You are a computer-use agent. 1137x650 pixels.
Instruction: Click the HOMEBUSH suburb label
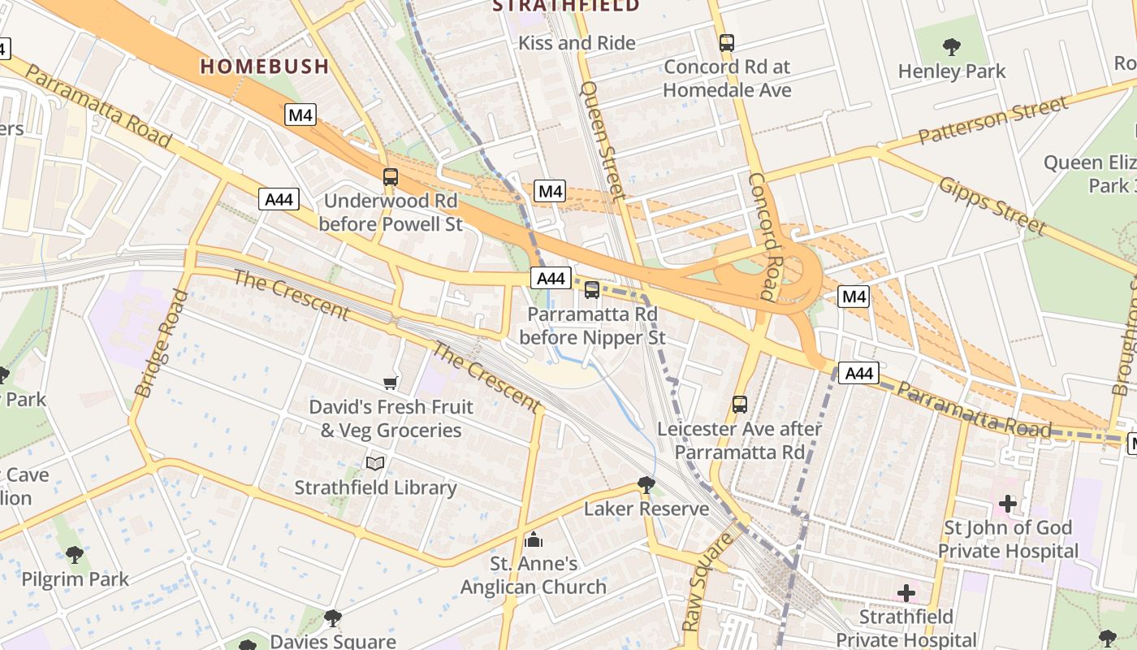265,67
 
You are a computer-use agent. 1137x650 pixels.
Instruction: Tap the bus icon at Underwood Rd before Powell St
391,176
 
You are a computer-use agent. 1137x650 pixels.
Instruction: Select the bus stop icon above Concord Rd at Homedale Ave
727,42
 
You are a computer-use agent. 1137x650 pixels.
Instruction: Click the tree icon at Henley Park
952,47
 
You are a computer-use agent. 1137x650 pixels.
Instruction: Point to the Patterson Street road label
993,120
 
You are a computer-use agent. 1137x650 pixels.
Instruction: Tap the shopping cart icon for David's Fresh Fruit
391,382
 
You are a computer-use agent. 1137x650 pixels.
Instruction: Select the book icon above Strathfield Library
375,463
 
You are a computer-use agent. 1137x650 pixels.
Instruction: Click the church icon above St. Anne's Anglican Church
534,539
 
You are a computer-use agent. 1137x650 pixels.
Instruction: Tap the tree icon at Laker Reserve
646,485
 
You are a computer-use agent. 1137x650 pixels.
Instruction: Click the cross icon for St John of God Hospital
1008,504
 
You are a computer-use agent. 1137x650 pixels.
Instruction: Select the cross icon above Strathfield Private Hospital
906,593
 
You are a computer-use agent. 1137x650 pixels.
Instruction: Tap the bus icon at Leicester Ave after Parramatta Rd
740,404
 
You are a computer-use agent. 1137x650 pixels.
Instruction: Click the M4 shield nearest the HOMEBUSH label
300,115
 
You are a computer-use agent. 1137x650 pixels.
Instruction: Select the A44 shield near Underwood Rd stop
279,199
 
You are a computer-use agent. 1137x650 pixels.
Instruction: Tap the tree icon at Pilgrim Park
75,555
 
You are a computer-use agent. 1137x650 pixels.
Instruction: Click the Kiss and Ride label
577,42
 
